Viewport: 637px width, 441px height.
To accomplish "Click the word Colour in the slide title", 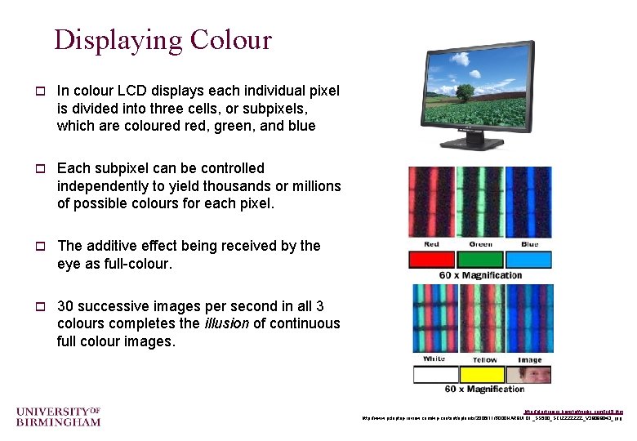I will [x=230, y=39].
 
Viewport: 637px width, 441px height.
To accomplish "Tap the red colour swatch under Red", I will [x=432, y=260].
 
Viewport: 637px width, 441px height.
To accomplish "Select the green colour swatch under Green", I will [x=479, y=260].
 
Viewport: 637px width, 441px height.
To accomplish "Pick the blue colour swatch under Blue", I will [x=528, y=260].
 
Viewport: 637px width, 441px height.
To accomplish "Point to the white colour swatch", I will [x=434, y=375].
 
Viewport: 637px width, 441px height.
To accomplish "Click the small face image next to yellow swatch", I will [x=529, y=375].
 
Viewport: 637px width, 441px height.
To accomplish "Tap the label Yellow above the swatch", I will [x=483, y=359].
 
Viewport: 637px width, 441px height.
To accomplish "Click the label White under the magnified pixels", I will [x=434, y=359].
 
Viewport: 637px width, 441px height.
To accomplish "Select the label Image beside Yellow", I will [x=529, y=359].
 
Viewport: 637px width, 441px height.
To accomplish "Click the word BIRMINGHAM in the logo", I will [x=58, y=421].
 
